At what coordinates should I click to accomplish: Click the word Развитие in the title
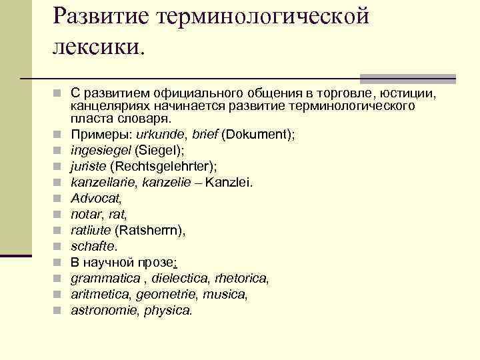pyautogui.click(x=99, y=15)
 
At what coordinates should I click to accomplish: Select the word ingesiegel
pyautogui.click(x=101, y=150)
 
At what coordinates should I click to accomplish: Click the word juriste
pyautogui.click(x=89, y=166)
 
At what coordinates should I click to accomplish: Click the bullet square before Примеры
pyautogui.click(x=58, y=134)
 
